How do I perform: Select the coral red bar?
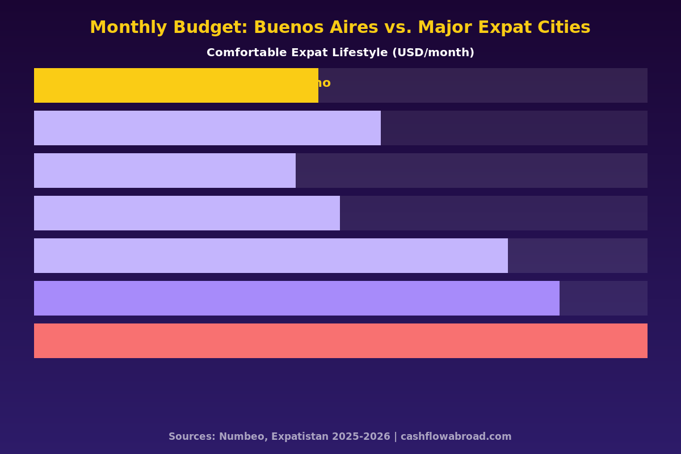[340, 340]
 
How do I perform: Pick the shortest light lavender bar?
[165, 170]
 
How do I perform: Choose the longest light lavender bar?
[271, 255]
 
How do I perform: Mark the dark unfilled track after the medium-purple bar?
[603, 298]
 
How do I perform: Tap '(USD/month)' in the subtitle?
[433, 53]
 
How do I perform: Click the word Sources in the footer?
[192, 436]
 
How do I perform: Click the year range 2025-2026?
[362, 436]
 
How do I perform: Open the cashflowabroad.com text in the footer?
[456, 436]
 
